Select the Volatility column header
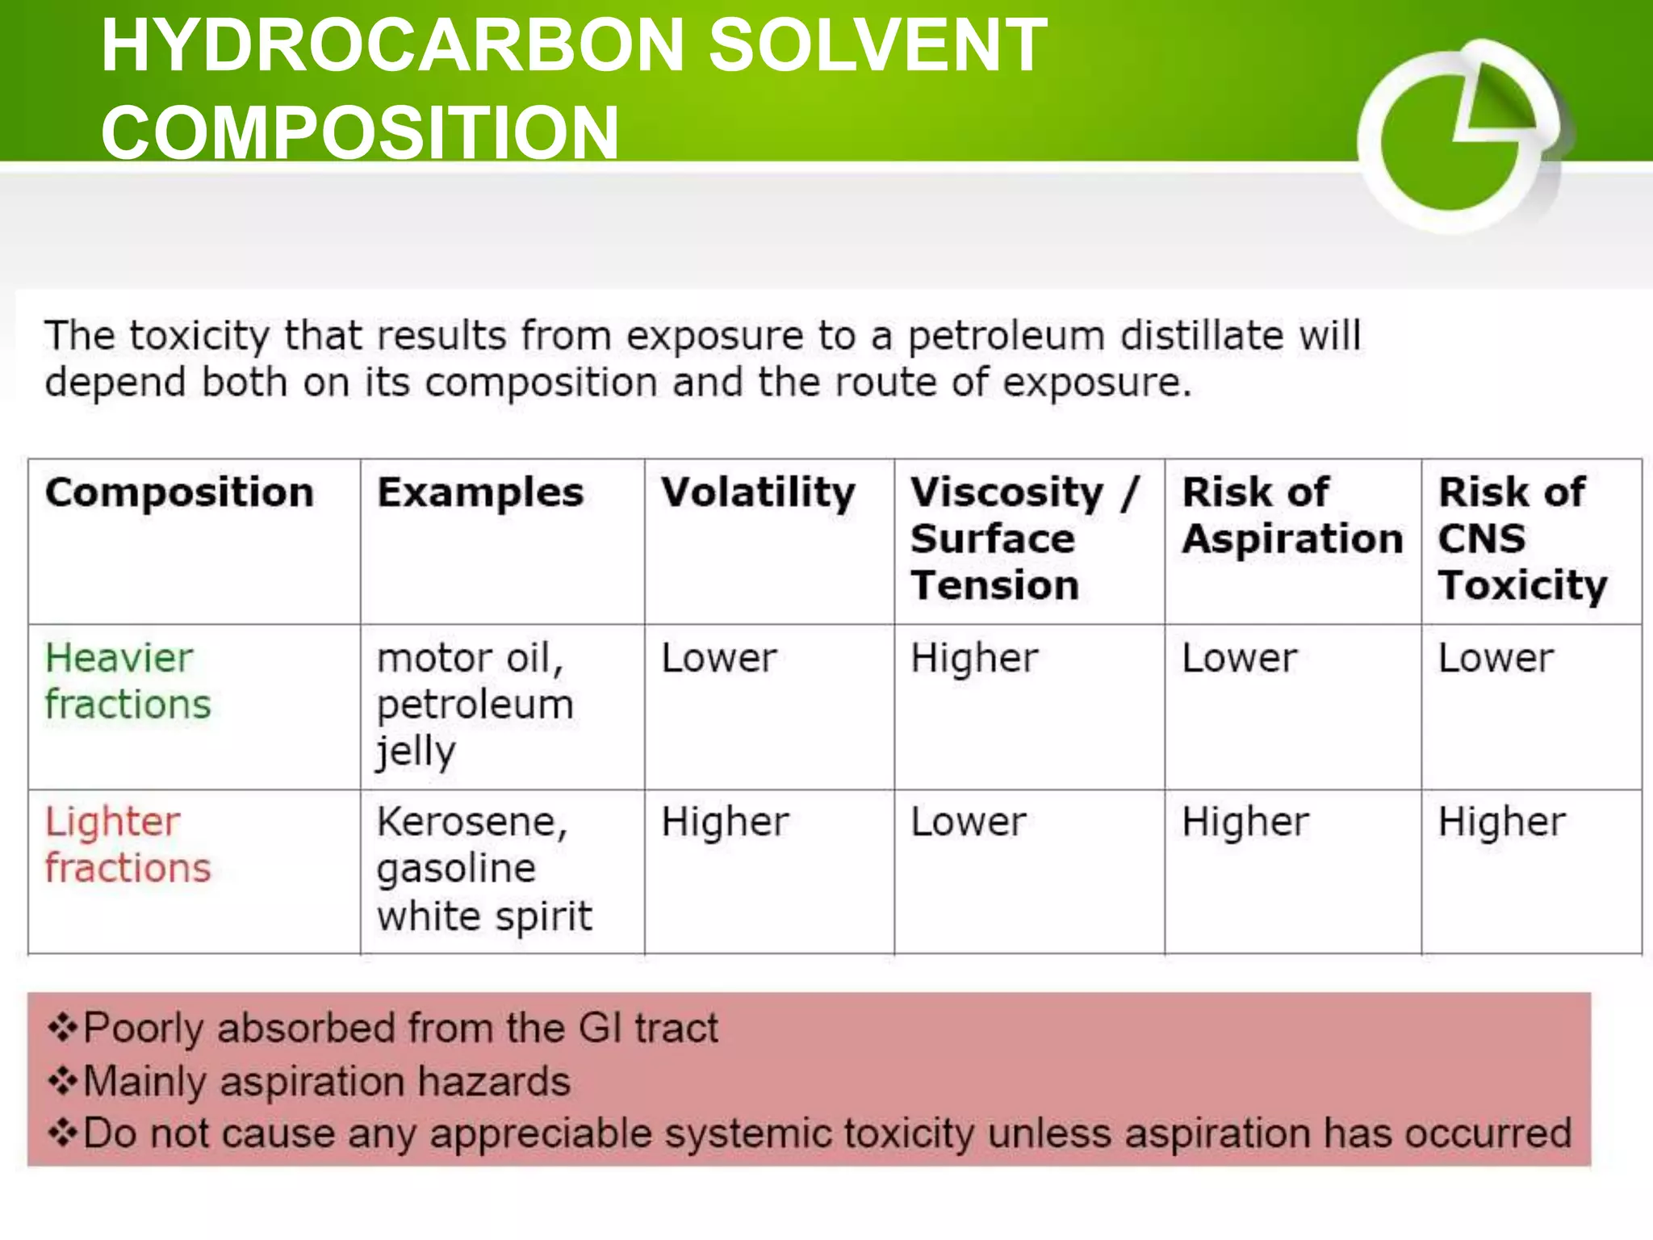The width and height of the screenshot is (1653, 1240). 758,492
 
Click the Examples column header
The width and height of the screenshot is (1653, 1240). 480,492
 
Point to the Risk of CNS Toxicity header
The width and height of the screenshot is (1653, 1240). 1522,538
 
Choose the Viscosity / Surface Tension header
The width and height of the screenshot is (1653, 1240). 1023,538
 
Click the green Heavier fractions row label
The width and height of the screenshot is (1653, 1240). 128,681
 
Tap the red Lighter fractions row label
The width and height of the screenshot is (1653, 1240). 128,844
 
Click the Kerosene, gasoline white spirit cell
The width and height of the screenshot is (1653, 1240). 484,869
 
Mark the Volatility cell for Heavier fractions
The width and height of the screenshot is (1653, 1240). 718,658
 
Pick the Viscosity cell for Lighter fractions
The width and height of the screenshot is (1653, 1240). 968,822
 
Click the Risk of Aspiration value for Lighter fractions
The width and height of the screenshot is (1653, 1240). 1245,822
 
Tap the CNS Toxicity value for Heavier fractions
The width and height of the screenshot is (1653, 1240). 1495,658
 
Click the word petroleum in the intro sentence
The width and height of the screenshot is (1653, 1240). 1006,336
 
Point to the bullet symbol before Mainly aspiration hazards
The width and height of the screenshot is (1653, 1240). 62,1081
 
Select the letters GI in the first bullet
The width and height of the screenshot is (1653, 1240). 599,1028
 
